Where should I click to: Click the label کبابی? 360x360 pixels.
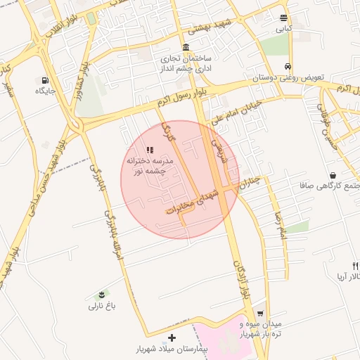tap(283, 30)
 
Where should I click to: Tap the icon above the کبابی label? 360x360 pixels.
tap(283, 18)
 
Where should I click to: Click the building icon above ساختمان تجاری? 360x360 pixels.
tap(186, 48)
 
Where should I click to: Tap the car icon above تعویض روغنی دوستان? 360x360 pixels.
tap(288, 67)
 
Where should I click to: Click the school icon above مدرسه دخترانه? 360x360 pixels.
tap(149, 150)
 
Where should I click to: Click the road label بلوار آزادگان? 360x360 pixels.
tap(241, 280)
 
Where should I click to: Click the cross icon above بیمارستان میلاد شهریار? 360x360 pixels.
tap(172, 337)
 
